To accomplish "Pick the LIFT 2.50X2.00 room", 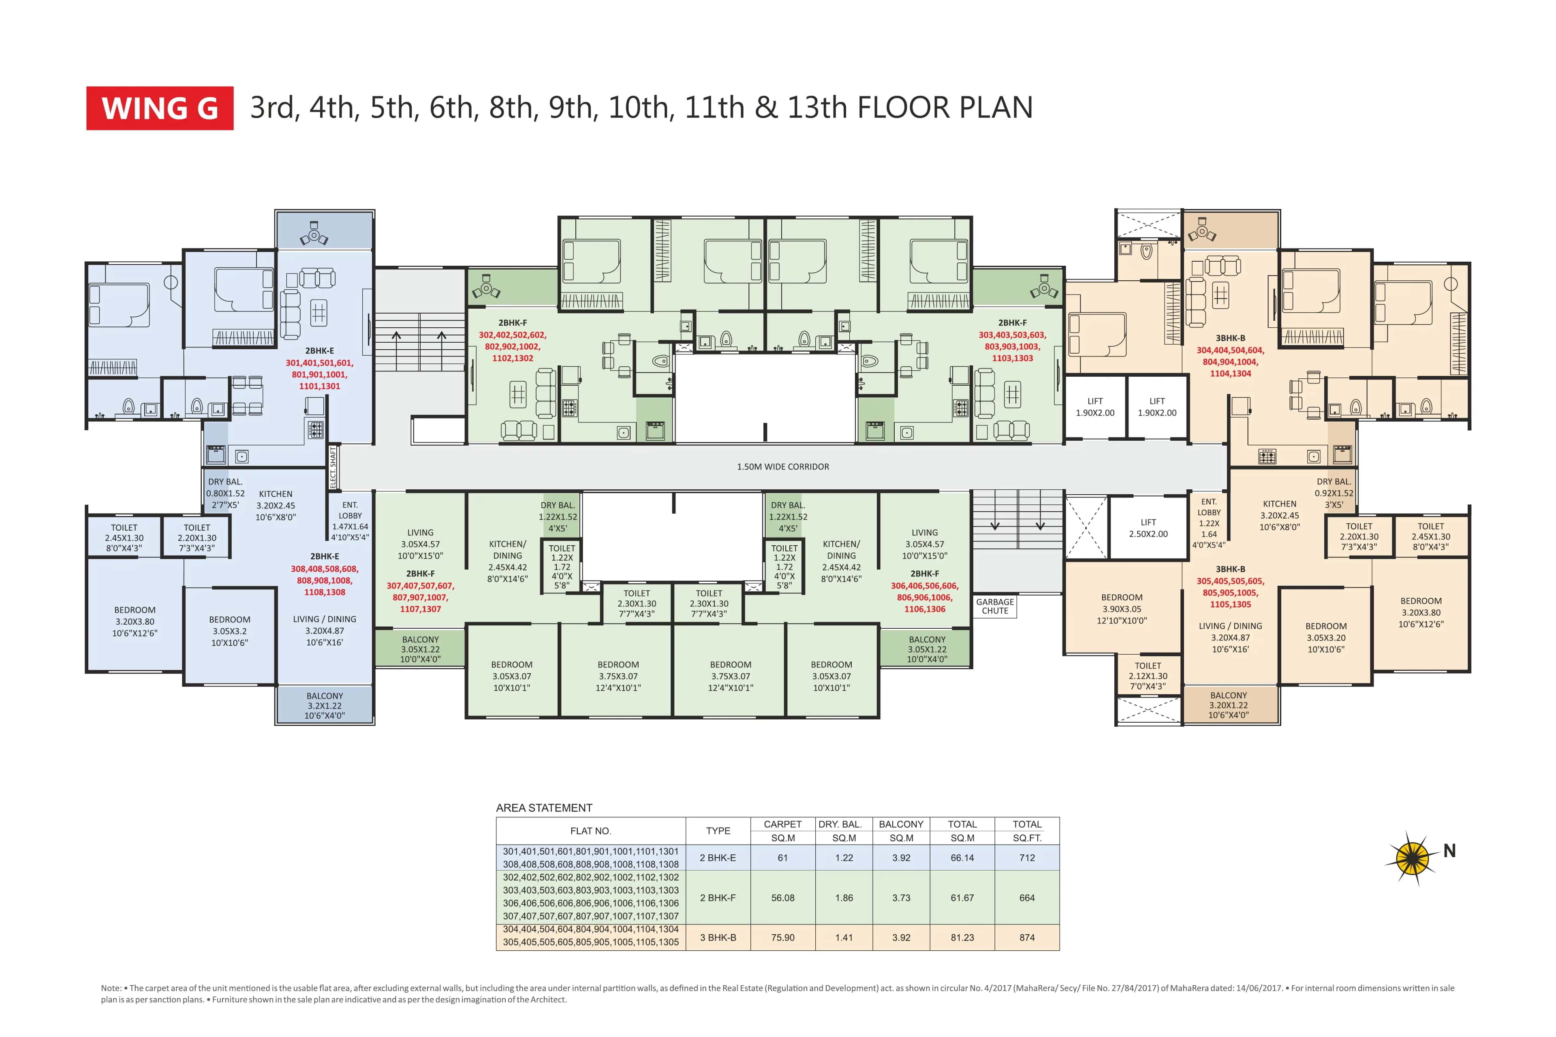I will (1148, 528).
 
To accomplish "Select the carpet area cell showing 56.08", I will (782, 898).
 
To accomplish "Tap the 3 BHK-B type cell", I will (718, 937).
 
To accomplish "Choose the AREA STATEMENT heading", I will (544, 807).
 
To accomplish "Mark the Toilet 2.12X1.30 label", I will (1148, 676).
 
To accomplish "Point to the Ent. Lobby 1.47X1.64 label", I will (350, 521).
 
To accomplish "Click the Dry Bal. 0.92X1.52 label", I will (1333, 493).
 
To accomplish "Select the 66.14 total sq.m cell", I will (962, 858).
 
